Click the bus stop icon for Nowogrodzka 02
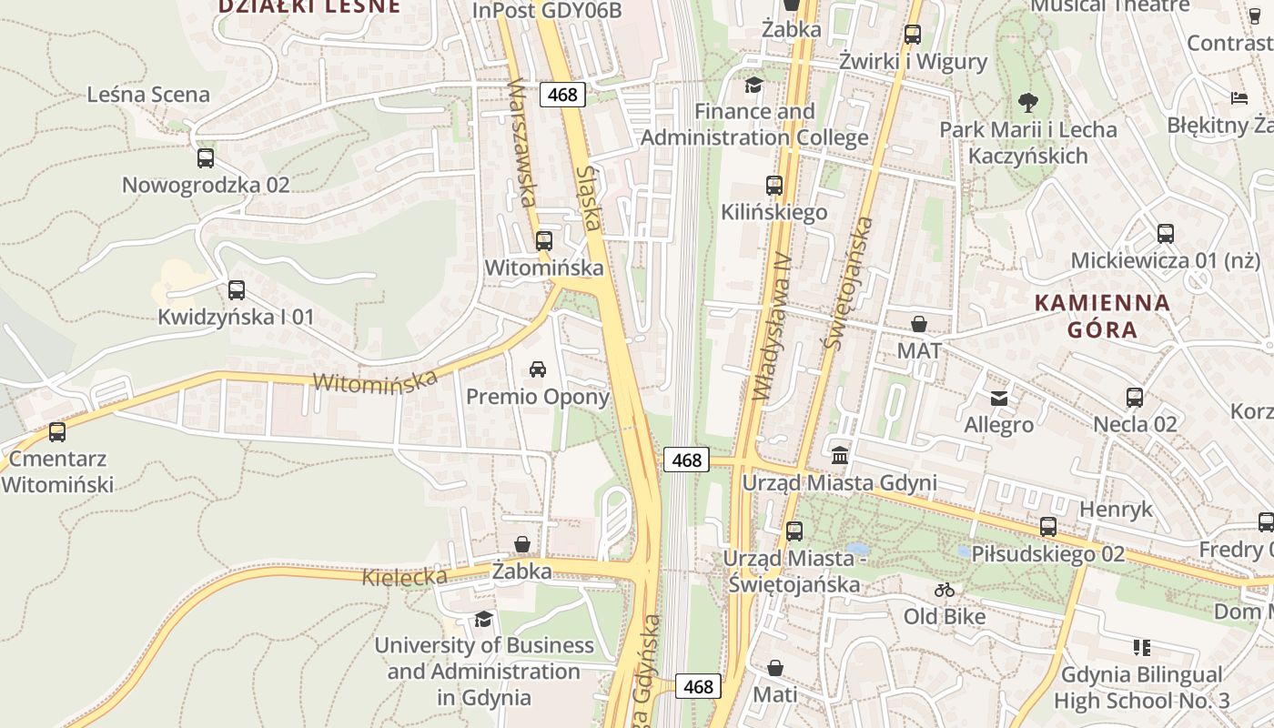pyautogui.click(x=206, y=158)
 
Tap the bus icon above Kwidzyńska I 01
pyautogui.click(x=237, y=290)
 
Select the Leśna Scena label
pyautogui.click(x=148, y=95)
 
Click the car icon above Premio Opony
pyautogui.click(x=538, y=369)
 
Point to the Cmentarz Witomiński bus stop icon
pyautogui.click(x=57, y=432)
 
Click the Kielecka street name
pyautogui.click(x=405, y=577)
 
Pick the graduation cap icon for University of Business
pyautogui.click(x=484, y=620)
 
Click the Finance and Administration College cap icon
pyautogui.click(x=753, y=86)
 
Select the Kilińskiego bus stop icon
pyautogui.click(x=774, y=186)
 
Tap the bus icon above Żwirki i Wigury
pyautogui.click(x=913, y=35)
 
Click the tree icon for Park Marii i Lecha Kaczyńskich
pyautogui.click(x=1028, y=102)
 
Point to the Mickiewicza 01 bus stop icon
pyautogui.click(x=1166, y=234)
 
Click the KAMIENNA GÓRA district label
pyautogui.click(x=1103, y=316)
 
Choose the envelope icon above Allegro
pyautogui.click(x=999, y=399)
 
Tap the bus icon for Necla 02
pyautogui.click(x=1135, y=398)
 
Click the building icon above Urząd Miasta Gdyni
pyautogui.click(x=840, y=455)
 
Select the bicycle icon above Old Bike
pyautogui.click(x=945, y=590)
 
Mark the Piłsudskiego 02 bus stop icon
pyautogui.click(x=1048, y=527)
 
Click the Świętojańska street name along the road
pyautogui.click(x=847, y=284)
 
